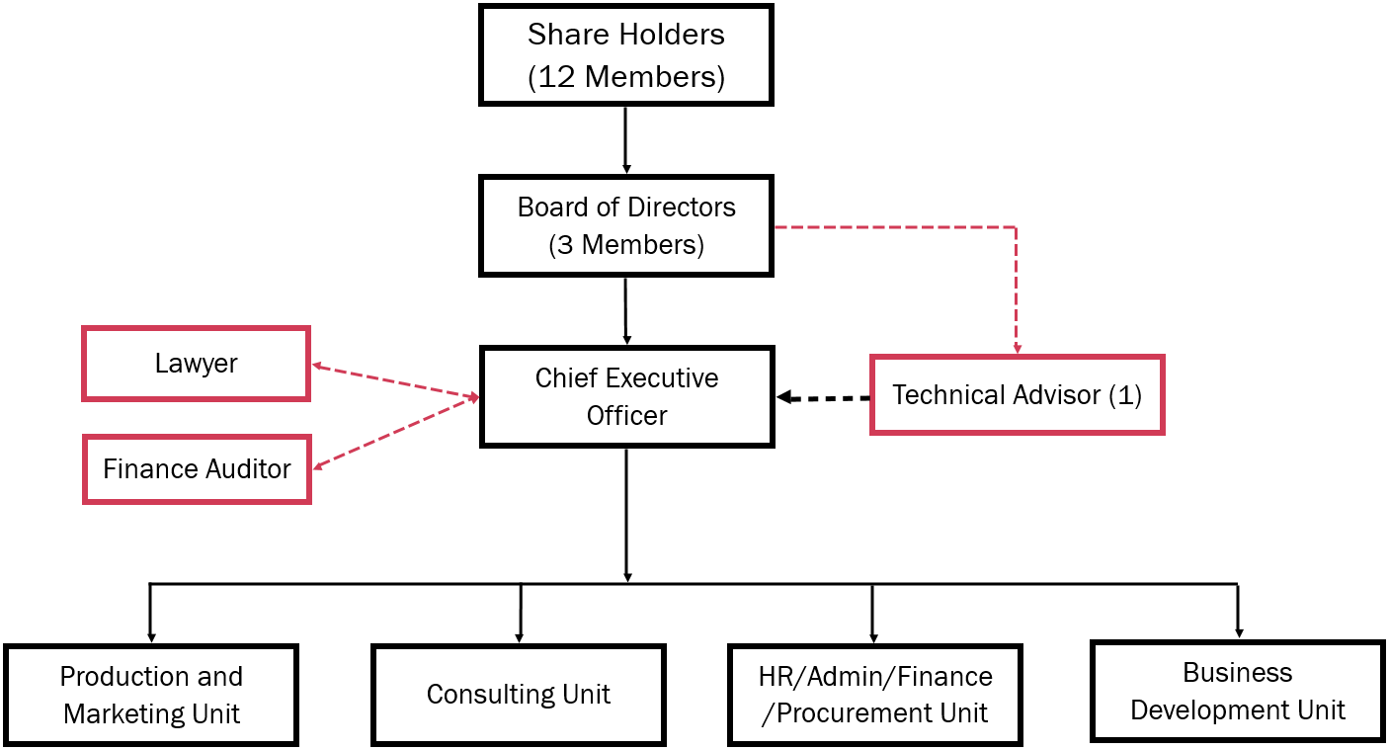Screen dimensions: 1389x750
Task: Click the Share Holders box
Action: pos(625,55)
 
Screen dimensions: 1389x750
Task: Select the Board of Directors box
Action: pos(625,226)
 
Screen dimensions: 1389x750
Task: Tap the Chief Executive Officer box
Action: pos(626,397)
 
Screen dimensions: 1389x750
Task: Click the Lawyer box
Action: pos(196,364)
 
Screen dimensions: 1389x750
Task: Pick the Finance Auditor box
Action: pos(197,469)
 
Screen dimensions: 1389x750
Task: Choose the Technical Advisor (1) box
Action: pos(1017,394)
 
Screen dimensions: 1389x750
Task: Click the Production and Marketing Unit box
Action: pos(151,695)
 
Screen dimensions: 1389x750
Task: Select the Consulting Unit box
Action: pos(519,695)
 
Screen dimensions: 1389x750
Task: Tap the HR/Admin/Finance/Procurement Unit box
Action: pos(875,695)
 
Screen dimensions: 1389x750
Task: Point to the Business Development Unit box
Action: pos(1238,691)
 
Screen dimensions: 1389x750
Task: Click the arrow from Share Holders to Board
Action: pos(625,140)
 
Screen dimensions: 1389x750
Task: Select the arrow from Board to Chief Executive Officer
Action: pos(626,311)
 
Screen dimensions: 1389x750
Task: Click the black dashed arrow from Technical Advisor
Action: pos(823,397)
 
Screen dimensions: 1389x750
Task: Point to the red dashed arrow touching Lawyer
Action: pos(395,380)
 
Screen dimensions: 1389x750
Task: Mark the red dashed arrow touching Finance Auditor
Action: pos(396,433)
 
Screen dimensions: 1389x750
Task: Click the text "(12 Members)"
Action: pos(626,77)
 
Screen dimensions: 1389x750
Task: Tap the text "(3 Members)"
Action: pos(626,244)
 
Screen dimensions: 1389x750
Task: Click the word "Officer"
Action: pos(627,416)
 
